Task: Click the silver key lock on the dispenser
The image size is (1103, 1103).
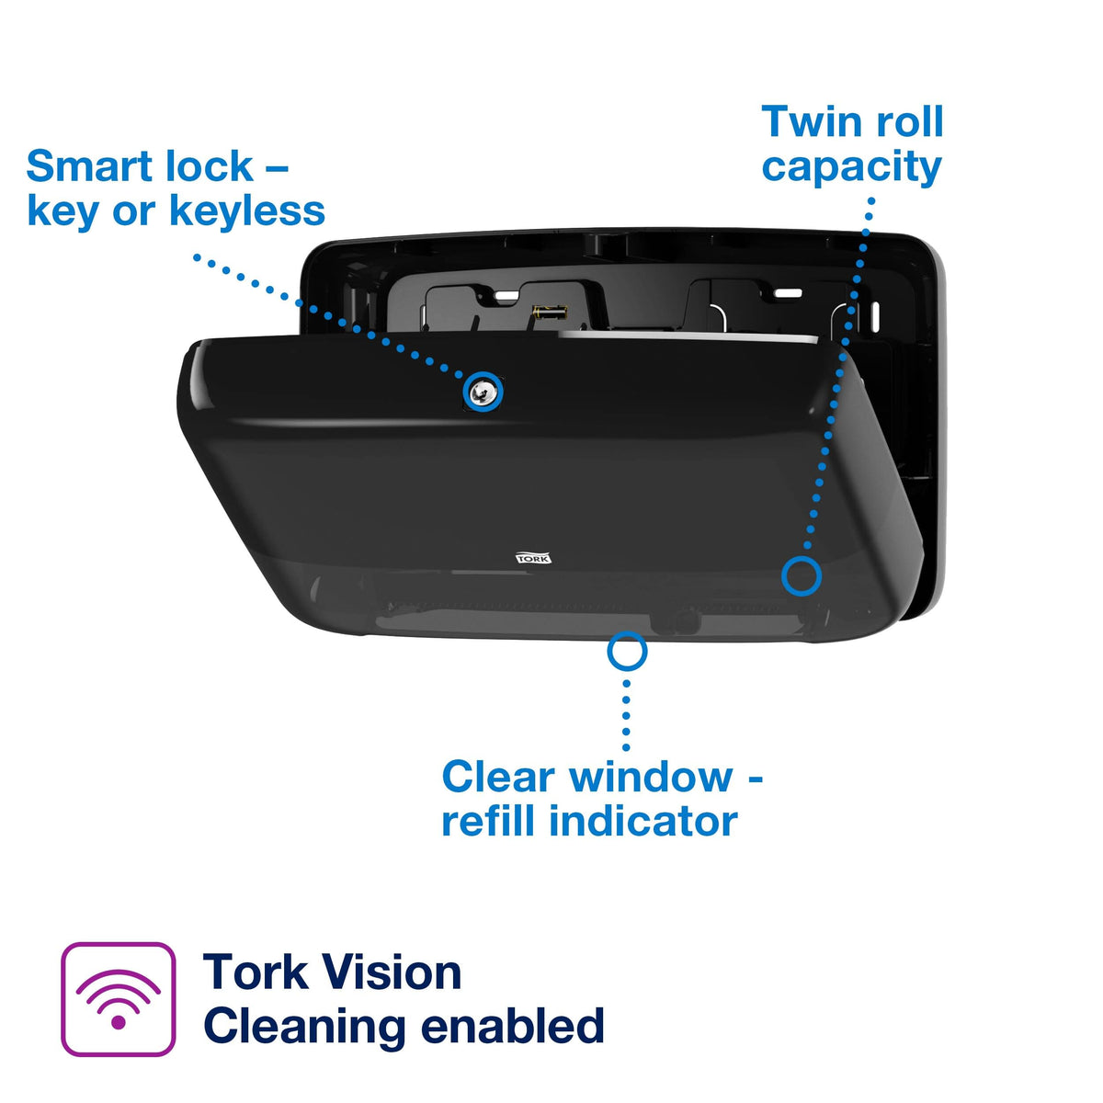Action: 483,392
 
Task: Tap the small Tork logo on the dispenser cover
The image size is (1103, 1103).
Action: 533,558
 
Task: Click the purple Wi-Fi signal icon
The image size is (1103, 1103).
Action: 118,999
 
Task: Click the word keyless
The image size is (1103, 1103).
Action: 248,211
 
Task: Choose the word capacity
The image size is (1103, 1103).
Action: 851,167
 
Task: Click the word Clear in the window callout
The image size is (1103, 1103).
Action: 497,778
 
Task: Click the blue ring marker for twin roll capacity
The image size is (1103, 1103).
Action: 802,576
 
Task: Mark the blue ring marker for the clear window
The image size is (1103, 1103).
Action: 627,652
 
